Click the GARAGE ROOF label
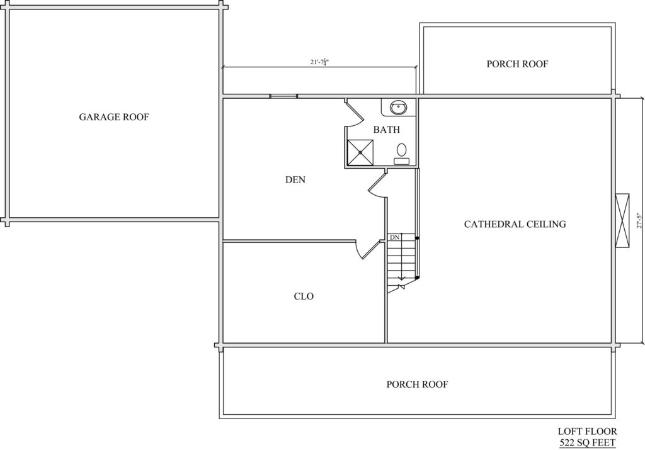pyautogui.click(x=113, y=117)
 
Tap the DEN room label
pyautogui.click(x=295, y=179)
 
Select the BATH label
pyautogui.click(x=386, y=130)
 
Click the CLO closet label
pyautogui.click(x=304, y=296)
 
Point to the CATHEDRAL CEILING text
pyautogui.click(x=515, y=224)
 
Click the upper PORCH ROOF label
pyautogui.click(x=518, y=64)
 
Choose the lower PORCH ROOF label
pyautogui.click(x=417, y=385)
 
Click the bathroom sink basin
pyautogui.click(x=398, y=108)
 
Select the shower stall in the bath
pyautogui.click(x=360, y=152)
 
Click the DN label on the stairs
pyautogui.click(x=394, y=237)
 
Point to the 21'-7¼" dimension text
pyautogui.click(x=320, y=62)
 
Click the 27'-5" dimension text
pyautogui.click(x=639, y=220)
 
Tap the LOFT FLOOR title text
pyautogui.click(x=588, y=431)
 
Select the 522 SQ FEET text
pyautogui.click(x=588, y=442)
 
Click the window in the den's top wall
pyautogui.click(x=283, y=96)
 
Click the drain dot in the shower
pyautogui.click(x=360, y=152)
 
